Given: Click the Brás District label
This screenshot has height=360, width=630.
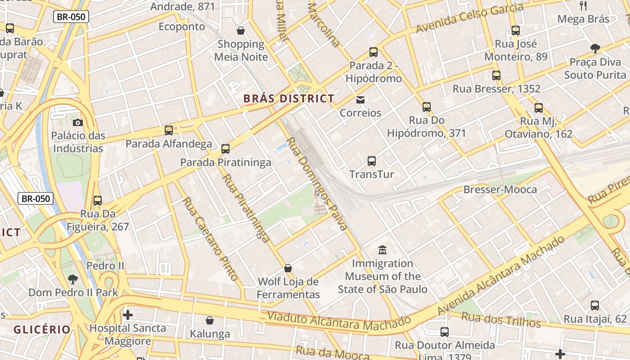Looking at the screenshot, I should click(x=288, y=99).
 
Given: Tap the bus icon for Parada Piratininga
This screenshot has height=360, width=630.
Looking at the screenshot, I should click(x=225, y=149).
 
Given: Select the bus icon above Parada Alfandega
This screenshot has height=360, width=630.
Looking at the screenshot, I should click(x=169, y=130).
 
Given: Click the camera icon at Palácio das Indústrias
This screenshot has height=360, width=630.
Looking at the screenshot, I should click(x=77, y=122).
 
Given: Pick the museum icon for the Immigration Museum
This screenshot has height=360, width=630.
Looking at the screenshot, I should click(x=382, y=250).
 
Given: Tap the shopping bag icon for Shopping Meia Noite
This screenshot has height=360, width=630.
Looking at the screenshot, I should click(x=241, y=31).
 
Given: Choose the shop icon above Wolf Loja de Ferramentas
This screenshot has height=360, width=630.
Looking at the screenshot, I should click(x=288, y=268).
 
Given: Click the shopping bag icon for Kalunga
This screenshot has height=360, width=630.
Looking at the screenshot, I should click(x=210, y=320).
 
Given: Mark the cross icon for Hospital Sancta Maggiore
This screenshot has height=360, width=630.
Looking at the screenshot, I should click(x=128, y=315).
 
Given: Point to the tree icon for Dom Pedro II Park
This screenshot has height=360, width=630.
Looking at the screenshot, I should click(x=73, y=279).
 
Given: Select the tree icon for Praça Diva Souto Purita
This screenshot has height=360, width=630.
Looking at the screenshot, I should click(x=595, y=49).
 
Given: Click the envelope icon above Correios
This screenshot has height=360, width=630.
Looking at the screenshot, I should click(x=360, y=99).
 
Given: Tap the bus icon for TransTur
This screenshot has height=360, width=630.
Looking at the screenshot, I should click(x=371, y=161).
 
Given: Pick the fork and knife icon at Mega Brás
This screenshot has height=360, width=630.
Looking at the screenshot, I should click(x=583, y=6).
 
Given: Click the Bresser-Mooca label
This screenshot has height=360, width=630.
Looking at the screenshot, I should click(x=500, y=189).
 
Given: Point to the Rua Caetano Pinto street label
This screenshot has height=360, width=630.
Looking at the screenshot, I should click(x=210, y=238).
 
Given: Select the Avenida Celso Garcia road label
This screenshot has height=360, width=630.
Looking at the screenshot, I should click(x=469, y=18).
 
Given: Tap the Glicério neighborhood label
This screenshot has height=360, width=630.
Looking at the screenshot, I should click(x=42, y=329).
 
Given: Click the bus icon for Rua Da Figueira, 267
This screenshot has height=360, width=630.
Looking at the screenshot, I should click(x=98, y=201).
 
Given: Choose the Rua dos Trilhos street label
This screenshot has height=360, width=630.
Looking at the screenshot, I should click(x=501, y=319).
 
